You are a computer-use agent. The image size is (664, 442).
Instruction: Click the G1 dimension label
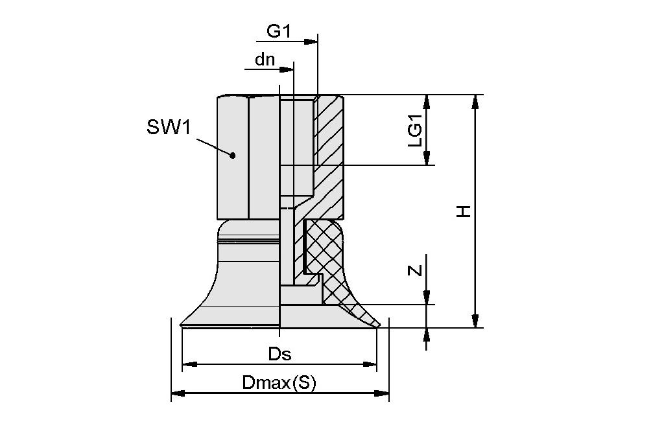tap(279, 30)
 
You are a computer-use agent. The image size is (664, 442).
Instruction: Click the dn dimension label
tap(265, 60)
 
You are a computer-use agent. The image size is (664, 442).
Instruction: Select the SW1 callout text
tap(169, 127)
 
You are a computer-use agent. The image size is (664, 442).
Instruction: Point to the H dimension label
tap(463, 211)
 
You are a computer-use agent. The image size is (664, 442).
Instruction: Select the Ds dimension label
tap(279, 354)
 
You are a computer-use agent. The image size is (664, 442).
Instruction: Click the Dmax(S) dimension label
tap(279, 383)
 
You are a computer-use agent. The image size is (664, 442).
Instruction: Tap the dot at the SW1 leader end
tap(232, 155)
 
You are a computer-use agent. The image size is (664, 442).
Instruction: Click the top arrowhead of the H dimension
tap(475, 101)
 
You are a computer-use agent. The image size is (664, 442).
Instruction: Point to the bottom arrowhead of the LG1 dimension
tap(427, 158)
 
